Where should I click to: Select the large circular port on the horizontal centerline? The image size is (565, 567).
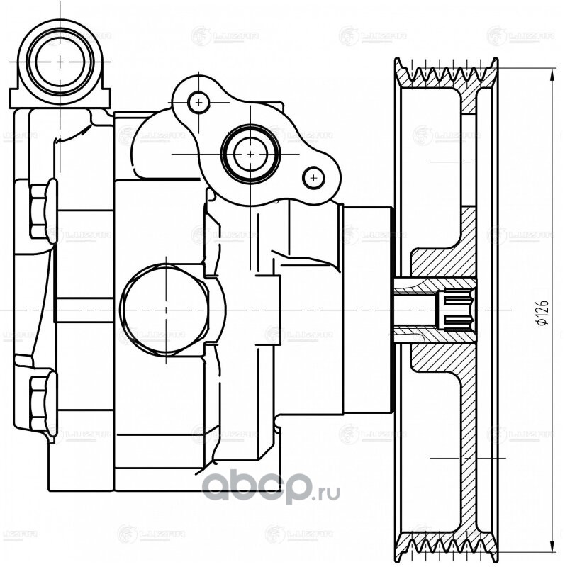click(166, 310)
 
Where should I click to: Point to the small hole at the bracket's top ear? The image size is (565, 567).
click(198, 103)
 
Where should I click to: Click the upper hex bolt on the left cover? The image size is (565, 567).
click(43, 210)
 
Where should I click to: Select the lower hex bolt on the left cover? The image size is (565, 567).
click(43, 400)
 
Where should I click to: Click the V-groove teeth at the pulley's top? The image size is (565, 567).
click(447, 74)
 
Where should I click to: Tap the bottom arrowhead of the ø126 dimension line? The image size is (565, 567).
click(552, 548)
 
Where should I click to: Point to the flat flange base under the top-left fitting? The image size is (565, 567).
click(62, 99)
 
